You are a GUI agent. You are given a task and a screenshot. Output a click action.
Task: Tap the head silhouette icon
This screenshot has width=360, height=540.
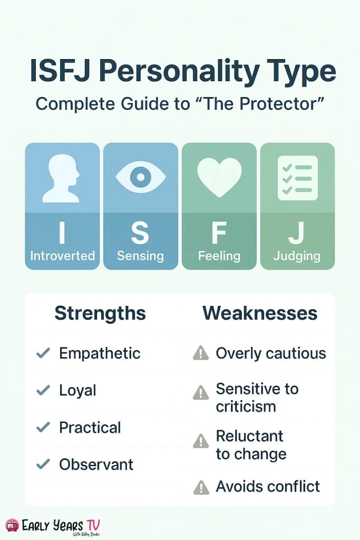coord(61,178)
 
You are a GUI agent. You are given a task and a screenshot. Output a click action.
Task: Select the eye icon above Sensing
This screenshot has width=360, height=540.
coord(140,177)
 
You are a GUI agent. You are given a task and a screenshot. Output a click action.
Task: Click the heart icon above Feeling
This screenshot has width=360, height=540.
coord(219,177)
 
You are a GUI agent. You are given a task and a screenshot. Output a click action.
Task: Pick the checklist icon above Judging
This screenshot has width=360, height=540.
coord(298,178)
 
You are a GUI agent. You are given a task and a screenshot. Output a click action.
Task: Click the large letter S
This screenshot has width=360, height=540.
coord(140,233)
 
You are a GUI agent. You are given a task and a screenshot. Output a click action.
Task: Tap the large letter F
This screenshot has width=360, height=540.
coord(219,233)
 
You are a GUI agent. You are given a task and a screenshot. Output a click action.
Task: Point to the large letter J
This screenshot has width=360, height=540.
coord(296,233)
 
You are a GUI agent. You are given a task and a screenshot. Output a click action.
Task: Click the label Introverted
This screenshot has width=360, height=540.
coord(62,256)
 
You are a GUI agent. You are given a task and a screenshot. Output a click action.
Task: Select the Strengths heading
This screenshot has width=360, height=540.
coord(100,313)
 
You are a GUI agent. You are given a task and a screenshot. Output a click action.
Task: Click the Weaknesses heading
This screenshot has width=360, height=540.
coord(260,313)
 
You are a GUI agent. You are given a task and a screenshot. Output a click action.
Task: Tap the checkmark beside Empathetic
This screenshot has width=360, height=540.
coord(43,353)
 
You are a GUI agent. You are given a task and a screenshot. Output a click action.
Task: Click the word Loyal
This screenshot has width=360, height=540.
coord(77,391)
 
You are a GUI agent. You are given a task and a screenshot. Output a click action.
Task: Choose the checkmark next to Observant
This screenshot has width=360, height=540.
coord(43,464)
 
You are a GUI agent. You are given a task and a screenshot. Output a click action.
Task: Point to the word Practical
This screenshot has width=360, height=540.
coord(90,427)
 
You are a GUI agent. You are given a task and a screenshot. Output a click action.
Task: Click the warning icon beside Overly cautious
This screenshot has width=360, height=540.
coord(201,353)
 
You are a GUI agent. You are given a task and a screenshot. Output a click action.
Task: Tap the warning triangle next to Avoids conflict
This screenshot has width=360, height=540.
coord(201,487)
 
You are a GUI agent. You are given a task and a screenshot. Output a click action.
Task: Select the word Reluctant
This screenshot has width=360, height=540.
coord(249,436)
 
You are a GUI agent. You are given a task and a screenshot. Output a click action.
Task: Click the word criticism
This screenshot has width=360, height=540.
coord(246,407)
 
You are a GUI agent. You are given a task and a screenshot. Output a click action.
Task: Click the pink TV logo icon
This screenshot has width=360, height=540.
coord(12,526)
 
